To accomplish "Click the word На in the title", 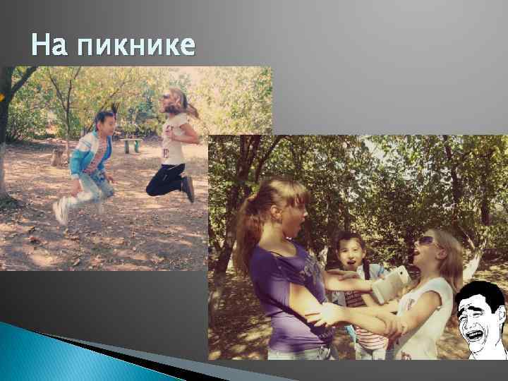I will [49, 45].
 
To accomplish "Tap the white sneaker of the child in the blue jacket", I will [61, 210].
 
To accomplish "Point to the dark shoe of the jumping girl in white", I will [188, 188].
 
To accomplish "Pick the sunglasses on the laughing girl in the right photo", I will [428, 241].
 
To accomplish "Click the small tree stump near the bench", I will [56, 157].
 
